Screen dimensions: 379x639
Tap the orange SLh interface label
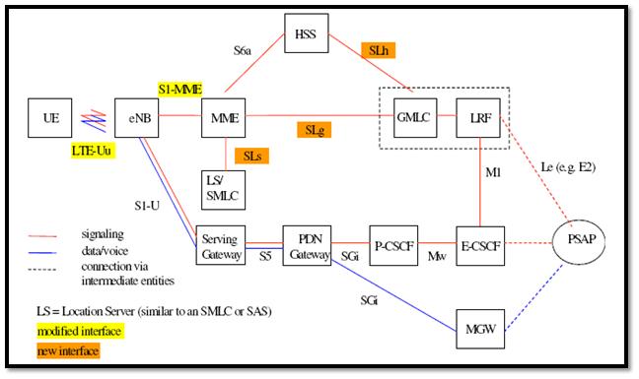click(x=379, y=48)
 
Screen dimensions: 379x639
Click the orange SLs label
click(x=253, y=155)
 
